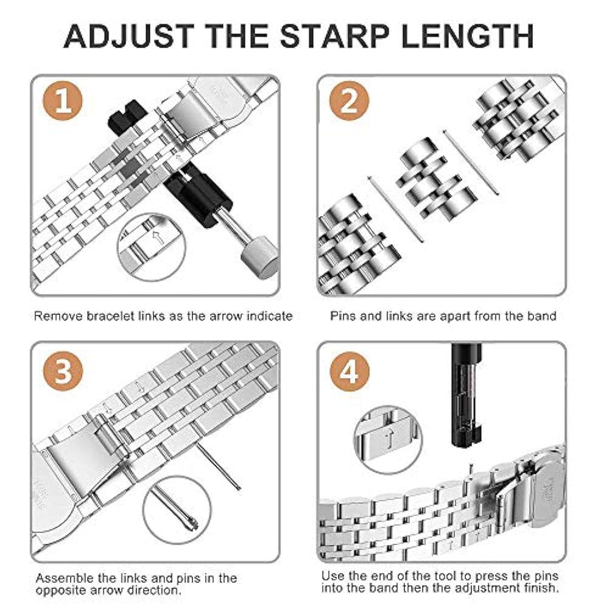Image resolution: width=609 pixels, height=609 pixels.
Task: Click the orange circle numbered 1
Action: (x=63, y=100)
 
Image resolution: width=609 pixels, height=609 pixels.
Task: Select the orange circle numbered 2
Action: (x=349, y=100)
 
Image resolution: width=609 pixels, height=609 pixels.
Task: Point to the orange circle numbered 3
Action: (x=63, y=371)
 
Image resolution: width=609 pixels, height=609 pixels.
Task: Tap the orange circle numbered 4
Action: (x=350, y=371)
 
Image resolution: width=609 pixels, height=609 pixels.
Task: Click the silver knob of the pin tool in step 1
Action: (x=259, y=258)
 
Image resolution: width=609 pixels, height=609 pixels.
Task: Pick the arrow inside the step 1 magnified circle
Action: (x=158, y=237)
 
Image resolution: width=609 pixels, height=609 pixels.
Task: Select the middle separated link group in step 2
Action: (x=436, y=178)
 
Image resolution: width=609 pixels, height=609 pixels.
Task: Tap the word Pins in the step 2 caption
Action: (x=343, y=316)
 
